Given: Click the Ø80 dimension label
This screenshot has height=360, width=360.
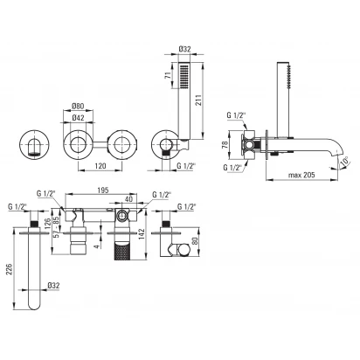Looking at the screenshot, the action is tap(78, 107).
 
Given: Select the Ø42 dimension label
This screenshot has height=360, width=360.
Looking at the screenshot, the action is tap(78, 118).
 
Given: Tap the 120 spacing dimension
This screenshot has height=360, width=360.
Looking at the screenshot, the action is tap(100, 166).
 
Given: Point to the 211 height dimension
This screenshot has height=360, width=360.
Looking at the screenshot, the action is tap(198, 100).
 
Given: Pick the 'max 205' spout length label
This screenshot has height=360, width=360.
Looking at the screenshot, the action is tap(301, 175).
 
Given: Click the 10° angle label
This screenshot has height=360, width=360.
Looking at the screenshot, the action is tap(345, 162).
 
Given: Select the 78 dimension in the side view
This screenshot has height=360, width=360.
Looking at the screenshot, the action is tap(225, 145).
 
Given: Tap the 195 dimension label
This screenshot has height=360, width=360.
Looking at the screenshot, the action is tap(103, 190).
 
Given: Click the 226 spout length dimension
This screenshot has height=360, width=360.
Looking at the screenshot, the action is tap(9, 270).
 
